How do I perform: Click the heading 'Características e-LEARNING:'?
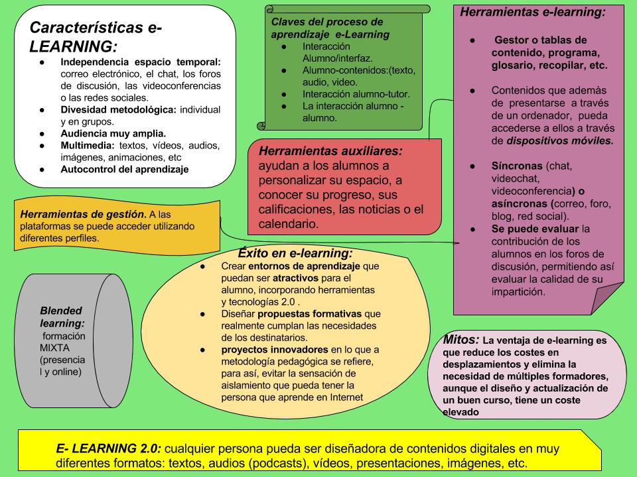coord(96,37)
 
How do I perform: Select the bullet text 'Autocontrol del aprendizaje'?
coord(125,169)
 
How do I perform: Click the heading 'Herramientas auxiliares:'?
coord(330,151)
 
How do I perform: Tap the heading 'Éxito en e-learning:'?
coord(295,253)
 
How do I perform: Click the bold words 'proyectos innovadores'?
coord(275,349)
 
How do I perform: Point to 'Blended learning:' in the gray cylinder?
coord(62,317)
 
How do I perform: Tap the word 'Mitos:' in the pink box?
coord(462,340)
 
